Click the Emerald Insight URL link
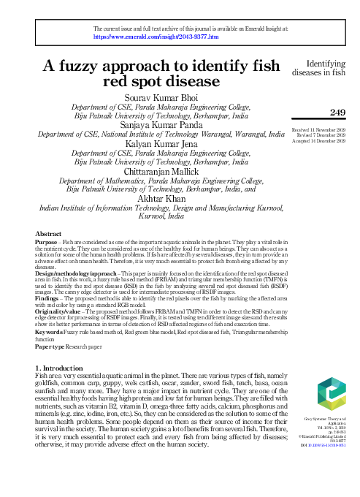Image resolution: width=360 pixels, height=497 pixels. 156,35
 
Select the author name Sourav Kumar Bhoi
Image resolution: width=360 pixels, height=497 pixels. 161,98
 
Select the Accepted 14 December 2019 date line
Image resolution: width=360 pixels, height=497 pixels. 318,142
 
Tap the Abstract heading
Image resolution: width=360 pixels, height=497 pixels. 48,234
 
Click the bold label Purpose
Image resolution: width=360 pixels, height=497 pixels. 47,242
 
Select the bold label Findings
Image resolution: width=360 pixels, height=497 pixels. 49,299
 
